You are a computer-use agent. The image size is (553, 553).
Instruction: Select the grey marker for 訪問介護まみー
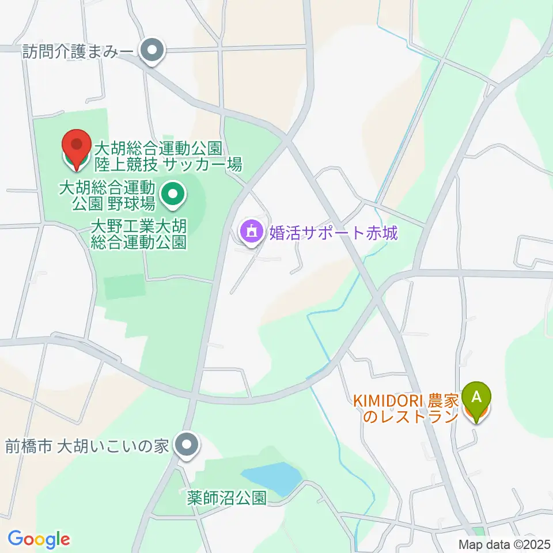click(153, 52)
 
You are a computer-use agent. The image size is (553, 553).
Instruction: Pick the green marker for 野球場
click(172, 196)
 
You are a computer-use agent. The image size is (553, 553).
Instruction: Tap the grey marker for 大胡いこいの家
click(186, 445)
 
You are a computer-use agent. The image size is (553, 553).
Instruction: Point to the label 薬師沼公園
click(226, 498)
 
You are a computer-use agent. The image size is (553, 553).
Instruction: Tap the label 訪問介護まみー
click(78, 52)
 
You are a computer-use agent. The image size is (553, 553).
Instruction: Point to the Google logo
click(39, 539)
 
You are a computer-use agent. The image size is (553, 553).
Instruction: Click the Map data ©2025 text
click(504, 544)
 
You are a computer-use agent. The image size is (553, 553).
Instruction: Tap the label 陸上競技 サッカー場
click(167, 165)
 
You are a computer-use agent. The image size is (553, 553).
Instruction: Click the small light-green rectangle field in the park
click(124, 286)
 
